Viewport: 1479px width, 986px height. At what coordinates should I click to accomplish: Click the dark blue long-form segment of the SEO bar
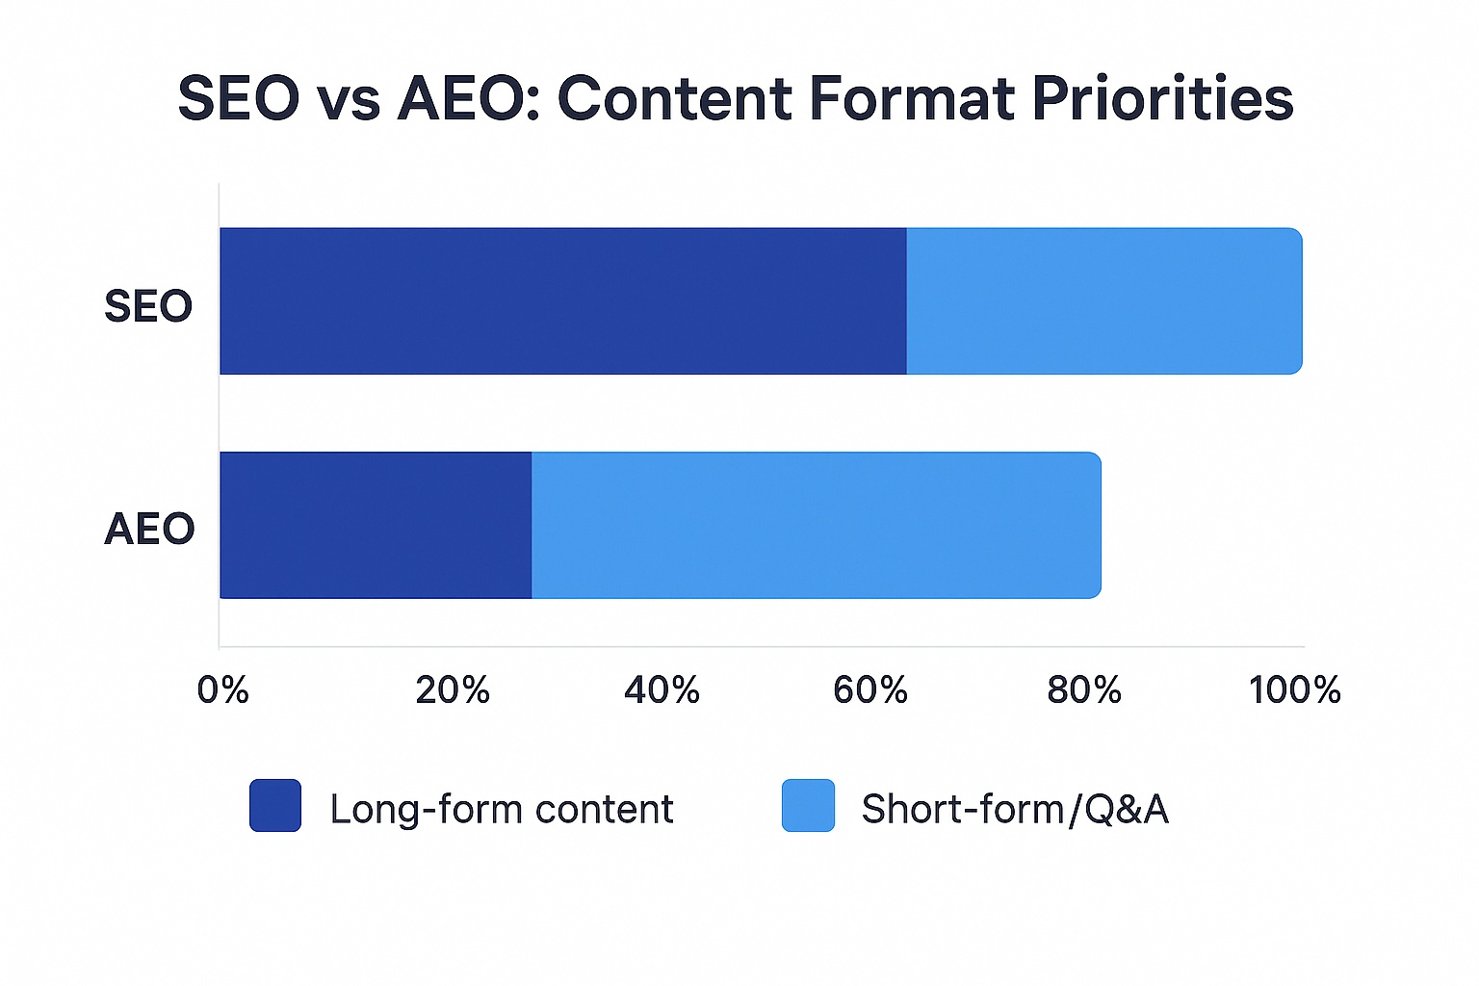pos(563,301)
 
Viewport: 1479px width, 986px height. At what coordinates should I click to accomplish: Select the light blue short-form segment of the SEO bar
pos(1103,301)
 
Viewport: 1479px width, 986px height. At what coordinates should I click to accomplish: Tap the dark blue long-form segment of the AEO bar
pos(376,525)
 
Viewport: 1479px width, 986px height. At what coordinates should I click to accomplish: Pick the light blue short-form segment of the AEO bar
pos(816,525)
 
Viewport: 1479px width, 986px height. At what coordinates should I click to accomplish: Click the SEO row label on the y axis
pos(148,306)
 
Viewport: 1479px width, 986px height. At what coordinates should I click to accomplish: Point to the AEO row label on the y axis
pos(149,529)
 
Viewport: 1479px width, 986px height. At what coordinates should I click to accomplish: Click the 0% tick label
pos(223,689)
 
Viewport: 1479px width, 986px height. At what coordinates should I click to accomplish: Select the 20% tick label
pos(452,689)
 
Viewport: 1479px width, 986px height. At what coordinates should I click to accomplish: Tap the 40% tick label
pos(662,689)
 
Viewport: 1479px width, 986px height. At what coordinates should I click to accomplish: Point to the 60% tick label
pos(870,689)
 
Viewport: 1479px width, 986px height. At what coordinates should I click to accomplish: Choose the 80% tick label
pos(1084,689)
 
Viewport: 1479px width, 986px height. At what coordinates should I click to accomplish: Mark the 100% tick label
pos(1294,689)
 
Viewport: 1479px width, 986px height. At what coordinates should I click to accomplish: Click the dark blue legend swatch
pos(275,805)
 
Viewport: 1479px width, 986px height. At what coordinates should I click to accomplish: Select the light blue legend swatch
pos(808,805)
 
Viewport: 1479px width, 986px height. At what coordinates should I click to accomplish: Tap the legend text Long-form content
pos(502,809)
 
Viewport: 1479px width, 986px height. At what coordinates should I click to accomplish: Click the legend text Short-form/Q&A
pos(1015,809)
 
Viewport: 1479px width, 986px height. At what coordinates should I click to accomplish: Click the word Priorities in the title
pos(1162,98)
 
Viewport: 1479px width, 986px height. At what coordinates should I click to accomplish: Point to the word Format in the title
pos(912,98)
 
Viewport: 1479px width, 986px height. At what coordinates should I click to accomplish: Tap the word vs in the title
pos(349,100)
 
